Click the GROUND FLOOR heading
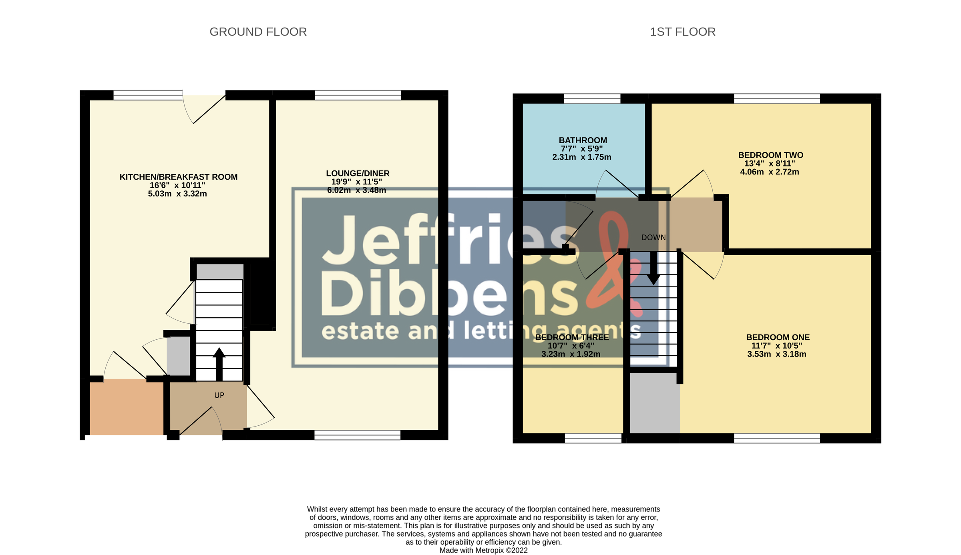pyautogui.click(x=258, y=32)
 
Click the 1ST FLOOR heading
pyautogui.click(x=682, y=32)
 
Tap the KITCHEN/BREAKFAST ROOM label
pyautogui.click(x=179, y=177)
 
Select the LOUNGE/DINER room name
pyautogui.click(x=358, y=173)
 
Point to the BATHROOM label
pyautogui.click(x=583, y=140)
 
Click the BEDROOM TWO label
pyautogui.click(x=770, y=155)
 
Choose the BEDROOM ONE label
pyautogui.click(x=778, y=337)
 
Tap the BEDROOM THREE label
pyautogui.click(x=572, y=337)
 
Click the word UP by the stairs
pyautogui.click(x=219, y=395)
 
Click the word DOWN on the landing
pyautogui.click(x=653, y=238)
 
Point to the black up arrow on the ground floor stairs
pyautogui.click(x=219, y=364)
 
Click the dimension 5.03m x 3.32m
pyautogui.click(x=177, y=194)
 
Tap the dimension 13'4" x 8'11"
pyautogui.click(x=769, y=164)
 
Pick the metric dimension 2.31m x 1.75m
pyautogui.click(x=581, y=157)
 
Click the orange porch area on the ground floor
pyautogui.click(x=127, y=407)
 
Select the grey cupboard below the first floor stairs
pyautogui.click(x=655, y=403)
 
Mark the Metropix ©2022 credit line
pyautogui.click(x=483, y=551)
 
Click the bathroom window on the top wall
pyautogui.click(x=592, y=98)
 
